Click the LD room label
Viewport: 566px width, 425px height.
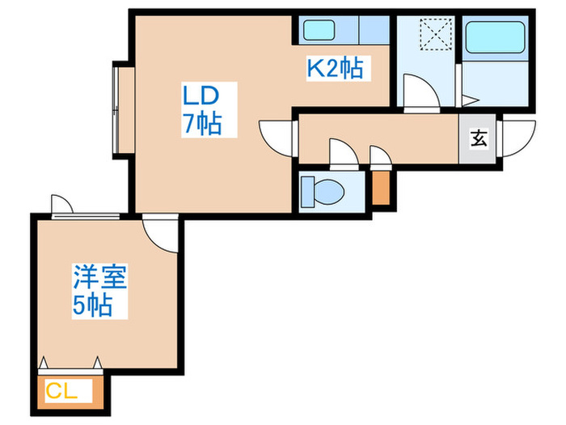[200, 96]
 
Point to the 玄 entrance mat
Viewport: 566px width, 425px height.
[478, 138]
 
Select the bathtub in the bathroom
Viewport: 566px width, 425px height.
[497, 41]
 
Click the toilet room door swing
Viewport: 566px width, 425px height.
[341, 151]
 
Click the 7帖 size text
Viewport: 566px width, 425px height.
[202, 125]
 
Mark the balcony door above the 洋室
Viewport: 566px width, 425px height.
[61, 204]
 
